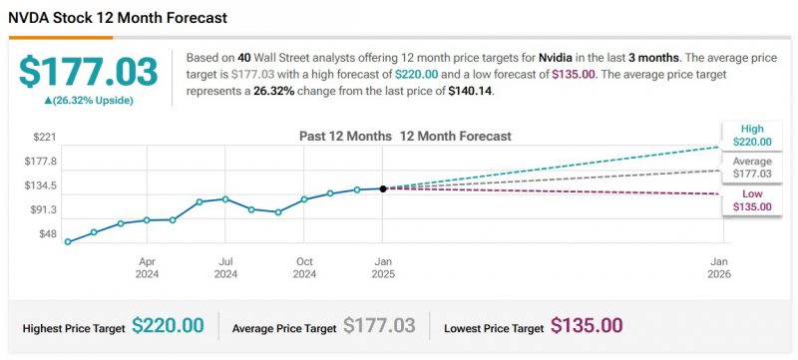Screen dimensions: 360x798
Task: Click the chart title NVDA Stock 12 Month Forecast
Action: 118,18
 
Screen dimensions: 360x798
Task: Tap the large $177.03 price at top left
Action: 89,72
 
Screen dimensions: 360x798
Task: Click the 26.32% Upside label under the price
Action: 89,101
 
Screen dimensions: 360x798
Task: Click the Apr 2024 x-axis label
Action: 147,266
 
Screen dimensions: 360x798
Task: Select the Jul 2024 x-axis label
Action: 225,266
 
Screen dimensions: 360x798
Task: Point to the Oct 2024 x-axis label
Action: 304,266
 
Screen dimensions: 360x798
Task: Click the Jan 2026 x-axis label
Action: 718,266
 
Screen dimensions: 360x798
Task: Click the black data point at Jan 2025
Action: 383,188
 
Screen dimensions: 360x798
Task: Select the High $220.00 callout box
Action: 752,136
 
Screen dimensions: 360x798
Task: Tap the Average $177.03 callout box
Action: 752,167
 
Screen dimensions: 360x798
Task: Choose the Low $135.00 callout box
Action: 752,199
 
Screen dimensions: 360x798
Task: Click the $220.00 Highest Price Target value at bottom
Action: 168,326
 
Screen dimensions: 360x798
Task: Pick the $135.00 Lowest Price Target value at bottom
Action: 587,326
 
